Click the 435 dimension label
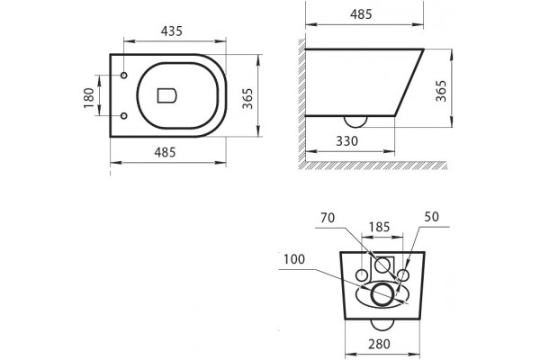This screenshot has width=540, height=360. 172,31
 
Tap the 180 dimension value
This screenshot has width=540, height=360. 89,98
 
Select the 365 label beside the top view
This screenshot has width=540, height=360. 247,98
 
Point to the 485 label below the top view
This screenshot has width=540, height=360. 165,152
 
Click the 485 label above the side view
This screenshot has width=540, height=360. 361,14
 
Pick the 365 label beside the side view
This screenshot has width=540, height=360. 441,91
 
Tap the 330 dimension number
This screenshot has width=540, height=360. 347,141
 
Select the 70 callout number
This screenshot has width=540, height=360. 328,218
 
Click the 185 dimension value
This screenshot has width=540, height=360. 380,227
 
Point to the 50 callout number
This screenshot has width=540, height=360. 431,217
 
